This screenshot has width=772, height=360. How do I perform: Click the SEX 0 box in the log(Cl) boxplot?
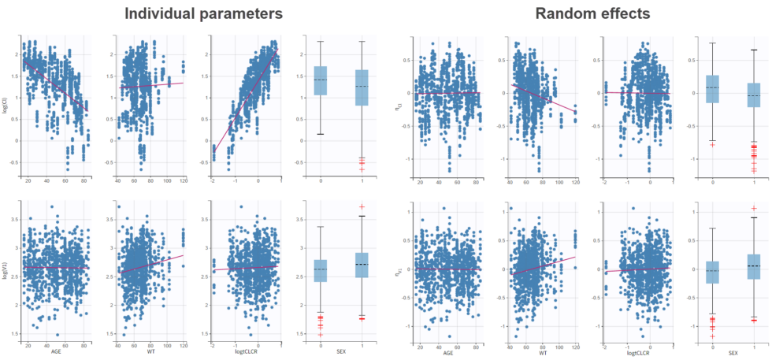tap(320, 81)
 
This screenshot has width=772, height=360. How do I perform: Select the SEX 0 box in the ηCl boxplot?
tap(712, 89)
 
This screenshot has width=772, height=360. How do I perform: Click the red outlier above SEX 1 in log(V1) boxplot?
tap(362, 206)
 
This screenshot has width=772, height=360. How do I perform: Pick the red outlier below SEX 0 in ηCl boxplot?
tap(712, 145)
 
